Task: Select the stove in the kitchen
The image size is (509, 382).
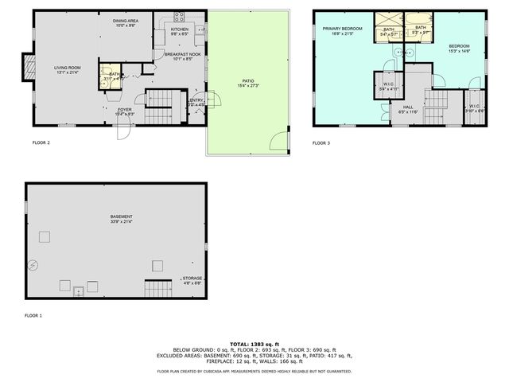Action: point(178,17)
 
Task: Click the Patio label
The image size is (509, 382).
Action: point(248,82)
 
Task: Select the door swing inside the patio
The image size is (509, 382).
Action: point(278,143)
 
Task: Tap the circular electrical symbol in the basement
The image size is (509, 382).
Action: point(33,266)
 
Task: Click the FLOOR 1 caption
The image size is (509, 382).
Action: point(33,316)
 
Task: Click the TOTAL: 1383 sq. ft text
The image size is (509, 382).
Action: point(251,342)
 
